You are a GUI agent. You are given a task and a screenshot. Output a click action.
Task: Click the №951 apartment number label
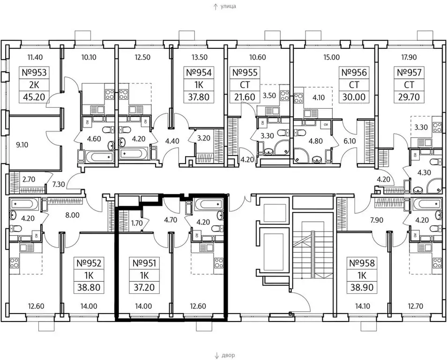[x=144, y=262]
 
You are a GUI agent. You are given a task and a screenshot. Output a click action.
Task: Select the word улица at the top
[x=228, y=6]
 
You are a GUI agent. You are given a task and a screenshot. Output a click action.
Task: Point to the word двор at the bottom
[x=228, y=355]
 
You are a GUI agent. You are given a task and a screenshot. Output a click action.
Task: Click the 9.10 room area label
[x=22, y=145]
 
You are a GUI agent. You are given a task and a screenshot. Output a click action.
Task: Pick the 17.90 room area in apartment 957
[x=409, y=57]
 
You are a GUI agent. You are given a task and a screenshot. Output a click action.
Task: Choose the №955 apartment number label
[x=245, y=73]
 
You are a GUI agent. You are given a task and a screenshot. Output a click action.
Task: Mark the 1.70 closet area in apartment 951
[x=137, y=223]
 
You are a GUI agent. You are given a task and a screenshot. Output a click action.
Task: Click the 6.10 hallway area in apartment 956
[x=350, y=141]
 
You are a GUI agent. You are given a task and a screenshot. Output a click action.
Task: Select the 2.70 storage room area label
[x=29, y=180]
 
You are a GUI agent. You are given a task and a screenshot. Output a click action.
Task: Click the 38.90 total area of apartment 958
[x=362, y=287]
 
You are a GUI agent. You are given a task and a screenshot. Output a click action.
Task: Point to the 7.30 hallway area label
[x=59, y=184]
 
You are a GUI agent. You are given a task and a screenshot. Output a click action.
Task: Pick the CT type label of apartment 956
[x=354, y=85]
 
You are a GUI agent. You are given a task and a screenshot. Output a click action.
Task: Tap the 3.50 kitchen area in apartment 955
[x=269, y=95]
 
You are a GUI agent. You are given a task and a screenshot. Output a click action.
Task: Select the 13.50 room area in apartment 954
[x=199, y=57]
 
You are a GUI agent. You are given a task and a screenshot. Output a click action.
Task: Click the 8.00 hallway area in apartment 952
[x=73, y=215]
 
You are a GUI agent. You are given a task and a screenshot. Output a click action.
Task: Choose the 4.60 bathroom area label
[x=94, y=139]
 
